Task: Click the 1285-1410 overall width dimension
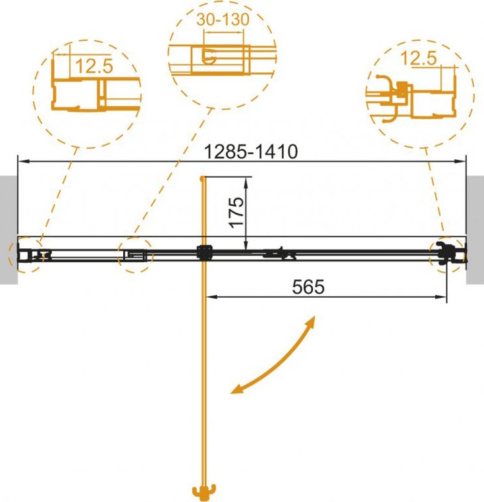(251, 152)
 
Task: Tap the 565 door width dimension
(308, 287)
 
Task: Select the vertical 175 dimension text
(237, 212)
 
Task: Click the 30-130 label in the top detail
(223, 19)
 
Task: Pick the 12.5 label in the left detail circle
(94, 66)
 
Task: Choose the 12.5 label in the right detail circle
(418, 58)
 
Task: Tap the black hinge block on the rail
(205, 252)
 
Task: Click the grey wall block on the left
(9, 229)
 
